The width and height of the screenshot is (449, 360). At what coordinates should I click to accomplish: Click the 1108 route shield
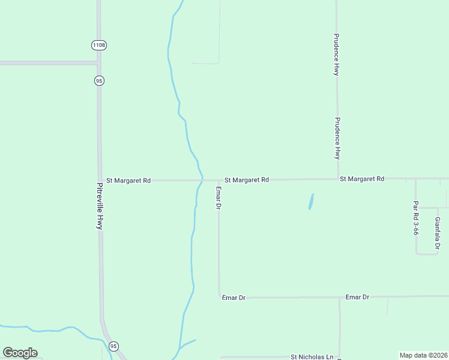[x=99, y=45]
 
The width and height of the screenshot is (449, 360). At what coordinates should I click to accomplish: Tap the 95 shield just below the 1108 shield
[x=99, y=80]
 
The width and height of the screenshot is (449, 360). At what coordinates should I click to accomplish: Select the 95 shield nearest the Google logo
[x=113, y=346]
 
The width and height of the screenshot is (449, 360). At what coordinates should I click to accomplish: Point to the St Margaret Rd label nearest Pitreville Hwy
[x=128, y=180]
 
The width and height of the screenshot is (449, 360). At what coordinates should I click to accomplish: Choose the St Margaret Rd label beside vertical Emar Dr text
[x=247, y=179]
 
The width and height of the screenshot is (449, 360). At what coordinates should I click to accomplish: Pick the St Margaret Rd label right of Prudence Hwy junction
[x=361, y=179]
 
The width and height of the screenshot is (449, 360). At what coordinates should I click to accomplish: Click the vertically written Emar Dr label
[x=219, y=197]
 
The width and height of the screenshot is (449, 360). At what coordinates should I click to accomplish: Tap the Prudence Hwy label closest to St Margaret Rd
[x=337, y=138]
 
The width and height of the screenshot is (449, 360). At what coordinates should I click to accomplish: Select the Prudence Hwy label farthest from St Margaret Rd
[x=337, y=54]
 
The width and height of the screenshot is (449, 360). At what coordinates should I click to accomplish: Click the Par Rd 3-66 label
[x=415, y=217]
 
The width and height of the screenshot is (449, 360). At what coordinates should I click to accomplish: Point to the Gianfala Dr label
[x=438, y=233]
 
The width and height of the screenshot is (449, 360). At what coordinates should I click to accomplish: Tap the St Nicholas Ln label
[x=312, y=356]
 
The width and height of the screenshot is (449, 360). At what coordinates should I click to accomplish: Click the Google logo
[x=20, y=353]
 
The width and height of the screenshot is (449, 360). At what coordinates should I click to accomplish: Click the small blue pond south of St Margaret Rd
[x=311, y=201]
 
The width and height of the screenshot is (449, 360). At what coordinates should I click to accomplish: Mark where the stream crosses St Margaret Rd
[x=201, y=180]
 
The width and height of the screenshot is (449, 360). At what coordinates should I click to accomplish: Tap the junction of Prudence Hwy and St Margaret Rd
[x=337, y=179]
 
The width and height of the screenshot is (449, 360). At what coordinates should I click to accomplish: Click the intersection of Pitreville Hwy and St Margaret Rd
[x=100, y=180]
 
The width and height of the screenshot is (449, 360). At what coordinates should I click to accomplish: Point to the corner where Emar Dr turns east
[x=219, y=297]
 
